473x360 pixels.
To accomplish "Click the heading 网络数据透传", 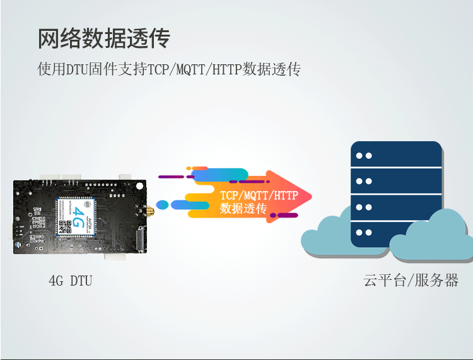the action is click(104, 39).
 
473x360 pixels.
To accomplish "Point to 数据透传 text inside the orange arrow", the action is click(243, 209).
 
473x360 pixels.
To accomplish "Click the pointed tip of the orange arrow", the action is click(311, 196).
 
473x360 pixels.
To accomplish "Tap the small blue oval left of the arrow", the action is click(162, 204).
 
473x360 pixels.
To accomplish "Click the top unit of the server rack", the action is click(396, 155).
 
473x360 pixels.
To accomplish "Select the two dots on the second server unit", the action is click(364, 182).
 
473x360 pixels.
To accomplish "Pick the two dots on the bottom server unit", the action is click(364, 233).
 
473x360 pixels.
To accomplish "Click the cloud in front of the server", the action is click(435, 236).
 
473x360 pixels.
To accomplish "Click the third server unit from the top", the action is click(396, 207).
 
